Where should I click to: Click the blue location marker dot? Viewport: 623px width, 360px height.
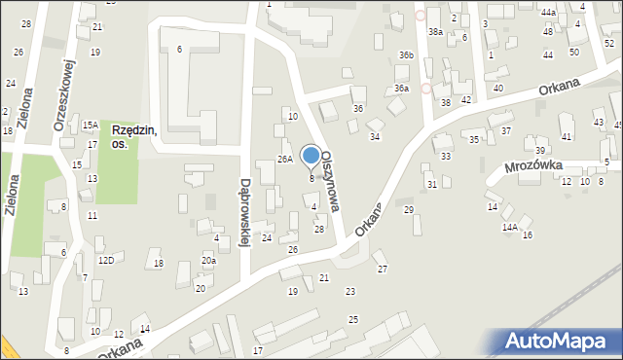point(311,155)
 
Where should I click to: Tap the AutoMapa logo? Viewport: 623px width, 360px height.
point(557,341)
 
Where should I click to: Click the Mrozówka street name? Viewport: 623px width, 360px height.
point(534,166)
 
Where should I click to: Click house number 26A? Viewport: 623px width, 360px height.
point(284,159)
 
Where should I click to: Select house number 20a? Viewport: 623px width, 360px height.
point(208,260)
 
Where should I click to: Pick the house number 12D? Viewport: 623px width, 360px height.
point(106,260)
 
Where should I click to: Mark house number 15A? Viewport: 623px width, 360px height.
point(90,126)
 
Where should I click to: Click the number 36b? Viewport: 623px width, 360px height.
point(406,56)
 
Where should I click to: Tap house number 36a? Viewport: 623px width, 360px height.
point(401,89)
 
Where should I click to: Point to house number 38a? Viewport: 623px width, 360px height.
point(435,32)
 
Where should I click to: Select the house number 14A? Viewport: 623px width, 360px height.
point(509,227)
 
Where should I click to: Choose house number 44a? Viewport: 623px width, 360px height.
point(549,12)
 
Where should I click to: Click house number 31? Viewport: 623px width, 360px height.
point(431,185)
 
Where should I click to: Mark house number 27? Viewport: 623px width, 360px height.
point(382,269)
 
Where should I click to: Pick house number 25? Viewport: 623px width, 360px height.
point(353,319)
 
